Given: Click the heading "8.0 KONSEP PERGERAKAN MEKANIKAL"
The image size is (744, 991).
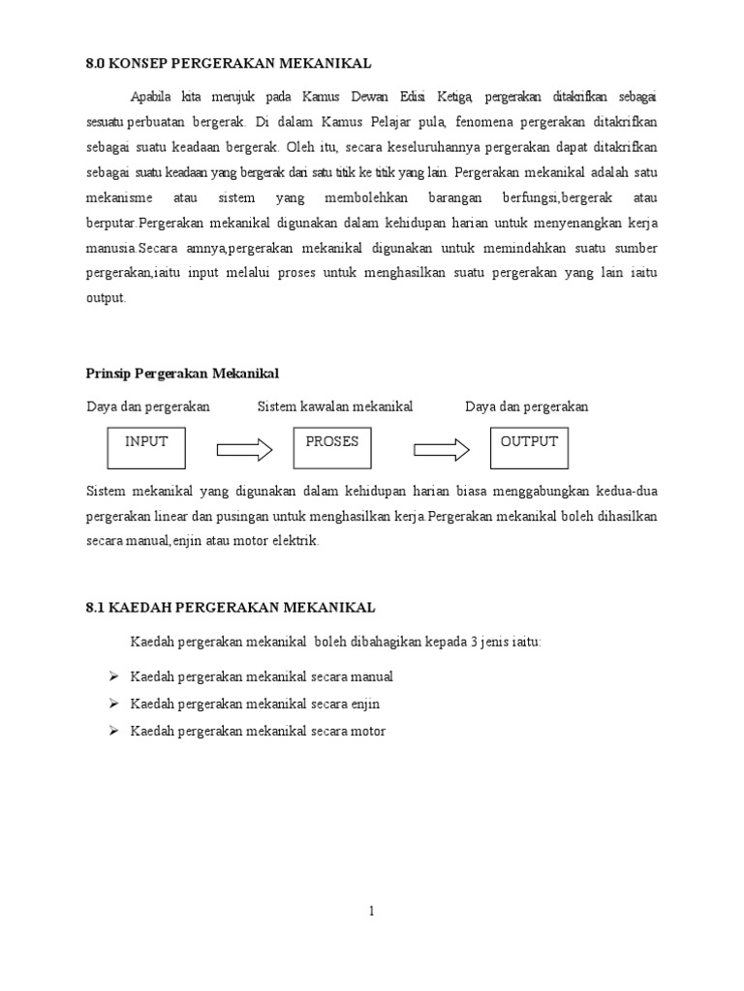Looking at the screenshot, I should click(229, 64).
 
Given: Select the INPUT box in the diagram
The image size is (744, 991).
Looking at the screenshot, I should click(145, 448).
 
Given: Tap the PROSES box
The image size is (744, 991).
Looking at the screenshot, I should click(332, 448).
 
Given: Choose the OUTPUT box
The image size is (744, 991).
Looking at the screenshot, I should click(529, 448).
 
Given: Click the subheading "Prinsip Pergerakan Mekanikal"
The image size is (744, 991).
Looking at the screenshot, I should click(182, 374).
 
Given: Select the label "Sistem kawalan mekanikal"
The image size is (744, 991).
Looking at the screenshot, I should click(335, 406).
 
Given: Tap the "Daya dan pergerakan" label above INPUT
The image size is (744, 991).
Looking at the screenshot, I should click(148, 406).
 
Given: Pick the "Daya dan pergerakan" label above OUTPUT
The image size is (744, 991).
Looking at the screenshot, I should click(526, 406).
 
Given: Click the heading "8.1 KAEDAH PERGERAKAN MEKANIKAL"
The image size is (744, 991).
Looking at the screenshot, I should click(231, 608).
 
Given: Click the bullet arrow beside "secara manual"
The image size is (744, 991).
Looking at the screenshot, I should click(111, 676).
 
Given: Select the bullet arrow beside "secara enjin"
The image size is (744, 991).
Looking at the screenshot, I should click(111, 704).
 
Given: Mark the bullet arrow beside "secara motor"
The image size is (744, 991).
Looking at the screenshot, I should click(111, 731).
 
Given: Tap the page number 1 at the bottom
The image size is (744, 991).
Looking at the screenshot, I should click(371, 911).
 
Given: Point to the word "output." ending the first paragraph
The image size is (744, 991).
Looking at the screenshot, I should click(107, 299).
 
